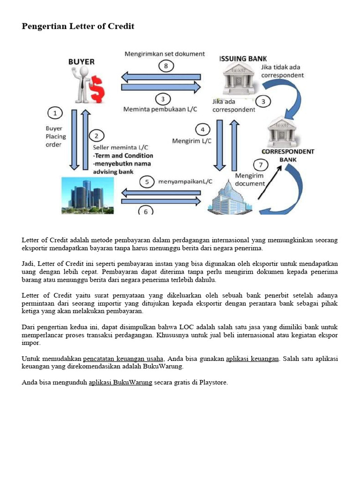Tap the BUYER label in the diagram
[x=81, y=61]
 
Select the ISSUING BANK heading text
[x=243, y=58]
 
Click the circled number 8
[x=165, y=66]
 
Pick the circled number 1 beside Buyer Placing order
[x=55, y=113]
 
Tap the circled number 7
[x=261, y=165]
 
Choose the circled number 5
[x=147, y=181]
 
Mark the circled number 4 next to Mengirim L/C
[x=202, y=129]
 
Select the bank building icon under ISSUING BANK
[x=238, y=78]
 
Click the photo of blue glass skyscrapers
[x=88, y=196]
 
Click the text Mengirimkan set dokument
[x=164, y=54]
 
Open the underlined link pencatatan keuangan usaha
[x=123, y=359]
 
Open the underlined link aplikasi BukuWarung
[x=120, y=382]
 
